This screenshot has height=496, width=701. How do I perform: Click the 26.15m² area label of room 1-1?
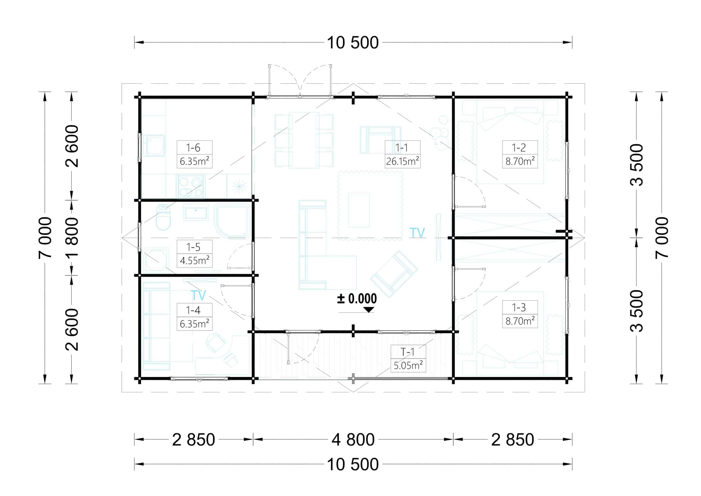click(403, 161)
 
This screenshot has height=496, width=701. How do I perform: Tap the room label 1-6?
click(193, 148)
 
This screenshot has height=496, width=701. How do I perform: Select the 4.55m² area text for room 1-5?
click(194, 260)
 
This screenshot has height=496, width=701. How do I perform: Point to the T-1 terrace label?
click(408, 352)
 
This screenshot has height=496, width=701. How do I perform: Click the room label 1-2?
click(519, 148)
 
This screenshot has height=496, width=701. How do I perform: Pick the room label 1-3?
click(519, 307)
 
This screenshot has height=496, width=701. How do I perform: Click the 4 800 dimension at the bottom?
click(353, 440)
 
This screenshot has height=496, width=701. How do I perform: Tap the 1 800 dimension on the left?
click(72, 238)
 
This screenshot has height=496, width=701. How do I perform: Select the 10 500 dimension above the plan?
click(353, 42)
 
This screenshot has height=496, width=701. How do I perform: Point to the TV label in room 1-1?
click(417, 233)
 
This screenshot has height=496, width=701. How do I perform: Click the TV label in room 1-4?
click(198, 295)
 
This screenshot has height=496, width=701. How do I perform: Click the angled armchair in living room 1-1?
click(394, 274)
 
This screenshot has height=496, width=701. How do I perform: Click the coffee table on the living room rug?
click(359, 210)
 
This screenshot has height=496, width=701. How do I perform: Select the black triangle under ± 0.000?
click(369, 310)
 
